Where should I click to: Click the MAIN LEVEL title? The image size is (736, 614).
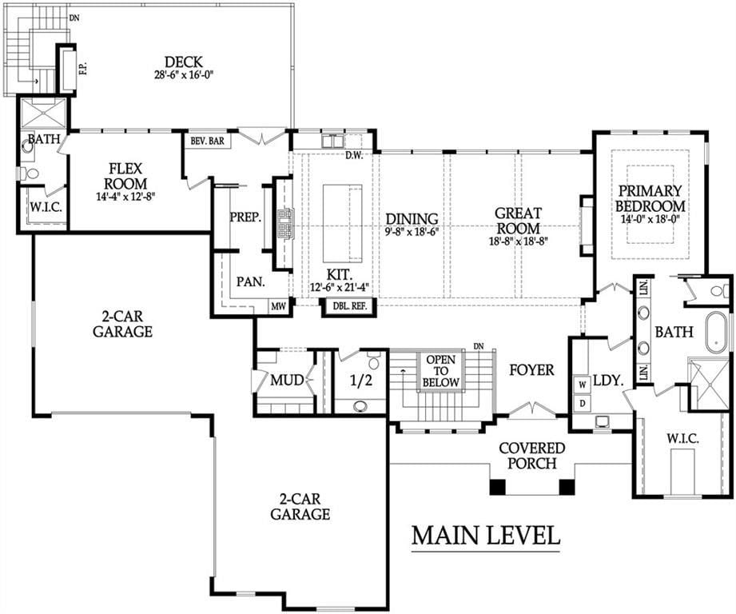tap(486, 535)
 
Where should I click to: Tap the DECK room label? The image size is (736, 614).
tap(184, 62)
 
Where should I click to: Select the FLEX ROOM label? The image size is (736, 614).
tap(125, 176)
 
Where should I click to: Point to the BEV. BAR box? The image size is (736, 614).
tap(208, 141)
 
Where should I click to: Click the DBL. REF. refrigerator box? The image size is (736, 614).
tap(348, 306)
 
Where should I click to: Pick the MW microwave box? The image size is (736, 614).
tap(278, 307)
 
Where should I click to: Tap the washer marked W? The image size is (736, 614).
tap(583, 385)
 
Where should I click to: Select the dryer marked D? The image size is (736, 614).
tap(583, 403)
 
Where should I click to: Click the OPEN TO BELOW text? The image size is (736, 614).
tap(440, 371)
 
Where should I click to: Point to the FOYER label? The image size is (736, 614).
tap(531, 370)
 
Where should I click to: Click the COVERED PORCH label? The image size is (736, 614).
tap(531, 456)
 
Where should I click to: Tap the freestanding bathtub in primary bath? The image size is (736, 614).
tap(717, 333)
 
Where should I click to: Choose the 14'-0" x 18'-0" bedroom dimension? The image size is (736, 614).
tap(650, 219)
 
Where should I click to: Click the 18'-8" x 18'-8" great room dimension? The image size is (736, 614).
tap(518, 241)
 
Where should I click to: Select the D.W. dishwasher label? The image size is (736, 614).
tap(354, 156)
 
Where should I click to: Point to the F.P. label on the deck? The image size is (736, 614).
tap(84, 69)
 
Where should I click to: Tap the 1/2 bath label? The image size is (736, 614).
tap(360, 381)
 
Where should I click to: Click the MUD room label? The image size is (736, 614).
tap(287, 380)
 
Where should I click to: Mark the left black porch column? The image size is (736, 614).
tap(498, 487)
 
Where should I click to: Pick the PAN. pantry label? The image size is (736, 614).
tap(251, 281)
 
